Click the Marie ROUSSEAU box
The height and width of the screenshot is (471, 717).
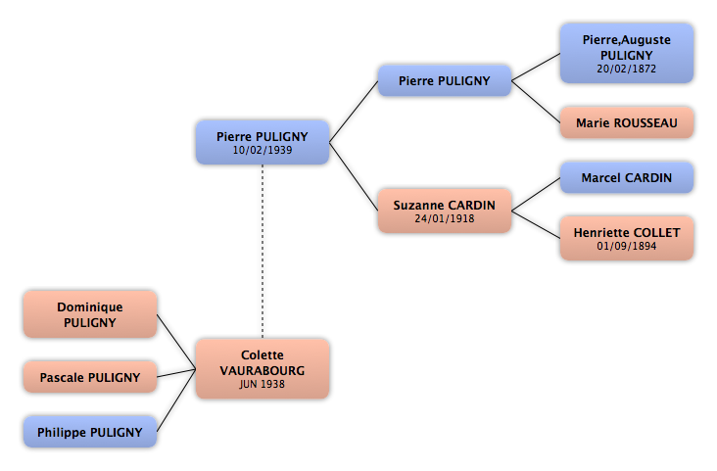click(627, 122)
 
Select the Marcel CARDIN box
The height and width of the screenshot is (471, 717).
click(627, 177)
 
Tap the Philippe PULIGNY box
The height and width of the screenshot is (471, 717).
click(90, 432)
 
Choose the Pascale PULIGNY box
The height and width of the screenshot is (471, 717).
click(90, 377)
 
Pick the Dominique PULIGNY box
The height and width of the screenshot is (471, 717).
click(90, 314)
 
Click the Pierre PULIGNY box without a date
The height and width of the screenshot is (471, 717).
click(445, 80)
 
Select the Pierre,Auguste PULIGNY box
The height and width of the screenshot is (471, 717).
click(627, 54)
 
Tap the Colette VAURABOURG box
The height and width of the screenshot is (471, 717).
click(263, 368)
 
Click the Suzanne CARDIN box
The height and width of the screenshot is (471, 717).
click(445, 211)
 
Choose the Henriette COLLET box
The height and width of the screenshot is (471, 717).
click(627, 238)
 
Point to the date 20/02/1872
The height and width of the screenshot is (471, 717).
click(627, 69)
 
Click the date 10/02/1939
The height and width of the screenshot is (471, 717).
click(263, 150)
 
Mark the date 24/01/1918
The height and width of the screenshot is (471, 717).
click(445, 218)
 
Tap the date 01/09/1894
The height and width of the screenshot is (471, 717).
click(627, 246)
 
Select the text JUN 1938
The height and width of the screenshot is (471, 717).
click(262, 384)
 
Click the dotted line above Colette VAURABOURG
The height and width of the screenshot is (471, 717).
click(263, 252)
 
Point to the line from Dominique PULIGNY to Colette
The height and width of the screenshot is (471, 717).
click(176, 342)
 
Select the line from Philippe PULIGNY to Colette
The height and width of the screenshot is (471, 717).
click(176, 400)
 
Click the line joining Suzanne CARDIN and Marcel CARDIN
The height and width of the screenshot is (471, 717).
click(536, 194)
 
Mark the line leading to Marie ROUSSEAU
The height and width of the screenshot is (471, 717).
click(536, 102)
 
